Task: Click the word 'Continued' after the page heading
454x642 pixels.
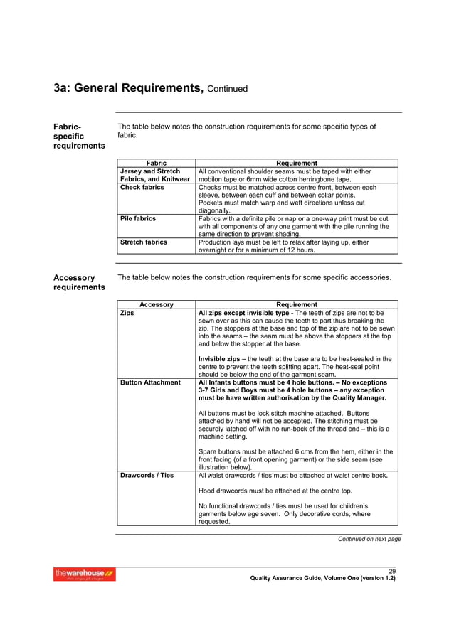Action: click(x=228, y=90)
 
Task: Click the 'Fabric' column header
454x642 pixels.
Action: click(x=156, y=164)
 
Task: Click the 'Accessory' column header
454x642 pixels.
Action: click(x=156, y=304)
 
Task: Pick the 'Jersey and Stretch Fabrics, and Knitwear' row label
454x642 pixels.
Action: click(x=155, y=176)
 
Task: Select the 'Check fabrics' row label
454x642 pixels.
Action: click(x=142, y=188)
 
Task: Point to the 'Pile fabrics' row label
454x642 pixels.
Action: click(x=138, y=218)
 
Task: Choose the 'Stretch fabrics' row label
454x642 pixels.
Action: click(x=144, y=242)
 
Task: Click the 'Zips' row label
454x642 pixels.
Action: click(x=127, y=312)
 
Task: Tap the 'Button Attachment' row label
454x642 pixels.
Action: click(x=150, y=382)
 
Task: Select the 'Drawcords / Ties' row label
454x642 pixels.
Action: click(x=147, y=475)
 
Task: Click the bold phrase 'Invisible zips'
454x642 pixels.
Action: click(x=220, y=358)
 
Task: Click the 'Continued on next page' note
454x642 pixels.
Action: click(x=369, y=539)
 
